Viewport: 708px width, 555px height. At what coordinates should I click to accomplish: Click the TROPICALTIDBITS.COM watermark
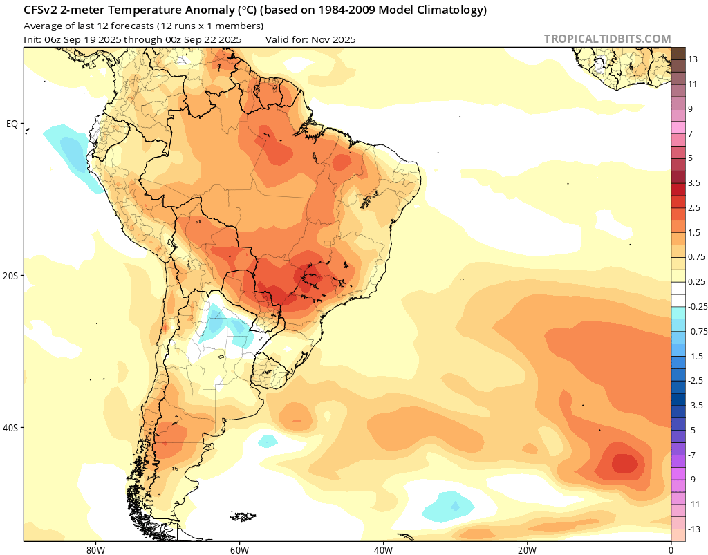[x=607, y=39]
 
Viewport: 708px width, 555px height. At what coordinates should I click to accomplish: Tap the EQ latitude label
[x=12, y=124]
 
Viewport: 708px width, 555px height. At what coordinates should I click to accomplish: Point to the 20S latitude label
[x=11, y=276]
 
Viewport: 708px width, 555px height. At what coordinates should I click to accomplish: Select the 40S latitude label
[x=11, y=428]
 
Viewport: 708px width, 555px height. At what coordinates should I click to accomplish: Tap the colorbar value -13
[x=695, y=529]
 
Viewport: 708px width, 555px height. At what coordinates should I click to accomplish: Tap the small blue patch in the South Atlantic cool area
[x=455, y=507]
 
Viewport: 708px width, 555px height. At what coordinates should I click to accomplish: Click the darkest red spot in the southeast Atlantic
[x=624, y=462]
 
